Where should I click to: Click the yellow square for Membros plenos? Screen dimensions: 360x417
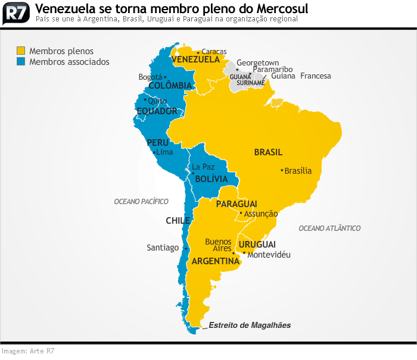(x=21, y=51)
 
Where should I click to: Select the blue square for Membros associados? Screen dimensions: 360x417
(x=21, y=61)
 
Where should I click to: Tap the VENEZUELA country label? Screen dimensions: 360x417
(x=196, y=60)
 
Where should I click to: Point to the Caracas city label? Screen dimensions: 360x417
(x=214, y=52)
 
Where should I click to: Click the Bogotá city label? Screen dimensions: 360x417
(x=150, y=77)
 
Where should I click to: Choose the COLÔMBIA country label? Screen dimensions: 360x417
(x=170, y=86)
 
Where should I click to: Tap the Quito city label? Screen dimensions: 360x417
(x=157, y=101)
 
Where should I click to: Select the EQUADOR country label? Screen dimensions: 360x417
(x=157, y=111)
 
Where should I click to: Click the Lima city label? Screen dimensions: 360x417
(x=164, y=152)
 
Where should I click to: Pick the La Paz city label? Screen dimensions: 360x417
(x=203, y=167)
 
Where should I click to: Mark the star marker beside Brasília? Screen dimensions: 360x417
(x=282, y=171)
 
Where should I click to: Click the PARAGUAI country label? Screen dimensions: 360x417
(x=236, y=204)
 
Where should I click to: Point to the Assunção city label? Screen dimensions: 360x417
(x=261, y=214)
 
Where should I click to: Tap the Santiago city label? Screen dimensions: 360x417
(x=163, y=248)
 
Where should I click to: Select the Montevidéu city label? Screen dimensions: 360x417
(x=269, y=255)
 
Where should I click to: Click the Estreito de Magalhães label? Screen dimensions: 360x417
(x=250, y=325)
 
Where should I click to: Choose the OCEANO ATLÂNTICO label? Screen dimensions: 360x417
(x=329, y=228)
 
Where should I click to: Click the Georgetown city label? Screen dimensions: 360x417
(x=258, y=62)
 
